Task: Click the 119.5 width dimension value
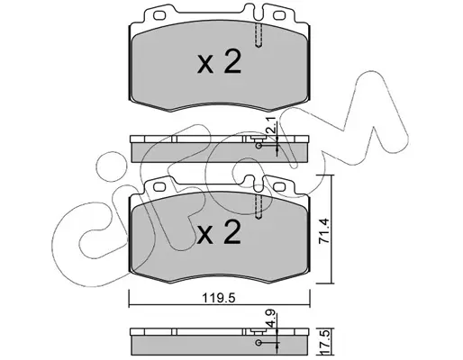[218, 298]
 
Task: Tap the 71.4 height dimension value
[324, 230]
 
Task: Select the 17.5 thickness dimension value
[325, 342]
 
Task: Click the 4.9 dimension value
[271, 319]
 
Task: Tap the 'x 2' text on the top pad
[219, 62]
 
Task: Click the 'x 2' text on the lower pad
[219, 232]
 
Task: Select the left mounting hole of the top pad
[159, 15]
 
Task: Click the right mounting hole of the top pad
[279, 15]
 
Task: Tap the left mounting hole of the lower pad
[159, 186]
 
